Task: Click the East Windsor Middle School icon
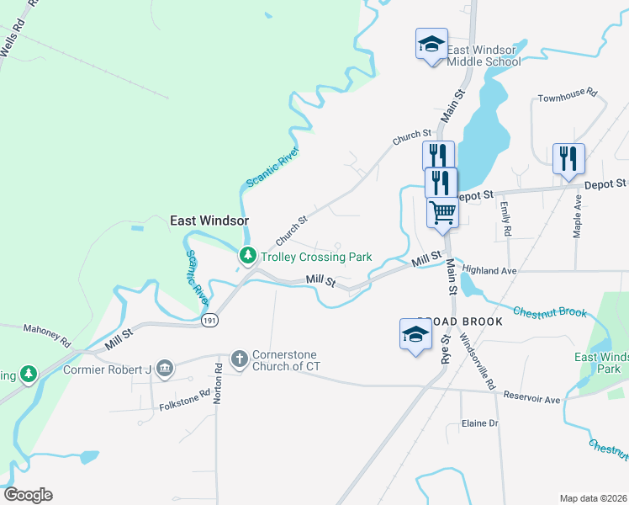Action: [x=431, y=44]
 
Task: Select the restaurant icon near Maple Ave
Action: [x=568, y=158]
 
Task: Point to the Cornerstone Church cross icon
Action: [x=240, y=359]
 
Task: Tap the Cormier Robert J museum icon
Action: [x=165, y=367]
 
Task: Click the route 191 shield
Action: [x=210, y=320]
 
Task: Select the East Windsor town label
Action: [x=210, y=221]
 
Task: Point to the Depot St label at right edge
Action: [x=605, y=183]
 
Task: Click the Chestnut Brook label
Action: [x=550, y=311]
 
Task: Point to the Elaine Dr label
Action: [x=480, y=423]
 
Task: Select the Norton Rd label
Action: [x=218, y=383]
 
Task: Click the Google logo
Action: [x=28, y=495]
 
